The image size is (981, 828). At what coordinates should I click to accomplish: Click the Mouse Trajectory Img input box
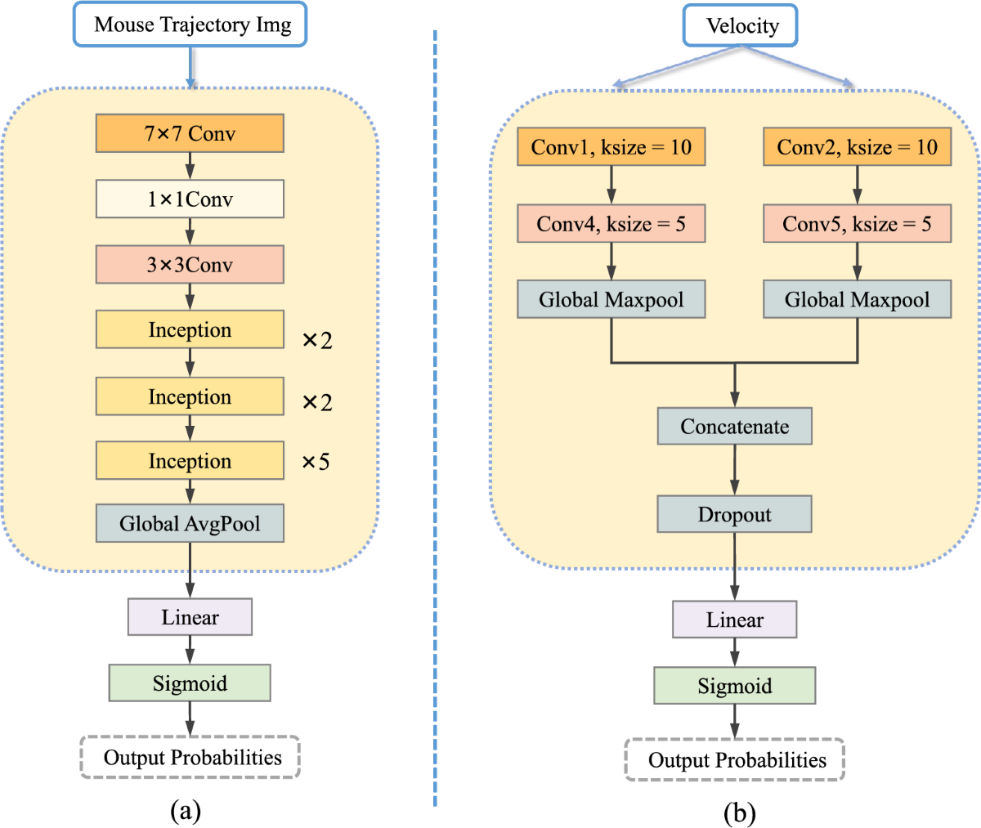point(190,25)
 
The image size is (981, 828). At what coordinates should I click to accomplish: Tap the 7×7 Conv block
point(190,134)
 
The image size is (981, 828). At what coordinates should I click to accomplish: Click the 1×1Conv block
point(190,199)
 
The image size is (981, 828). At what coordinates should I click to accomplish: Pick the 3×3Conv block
point(190,265)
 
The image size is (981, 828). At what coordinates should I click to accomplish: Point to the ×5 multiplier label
point(316,463)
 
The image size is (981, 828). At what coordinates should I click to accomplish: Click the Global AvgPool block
point(190,524)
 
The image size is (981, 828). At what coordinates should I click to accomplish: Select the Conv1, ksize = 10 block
point(611,147)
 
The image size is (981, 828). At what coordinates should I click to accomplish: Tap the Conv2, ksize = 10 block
point(857,147)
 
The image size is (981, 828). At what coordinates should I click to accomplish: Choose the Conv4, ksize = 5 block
point(611,224)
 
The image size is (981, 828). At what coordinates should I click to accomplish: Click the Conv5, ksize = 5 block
point(857,224)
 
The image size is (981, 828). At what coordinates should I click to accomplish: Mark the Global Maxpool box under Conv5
point(857,300)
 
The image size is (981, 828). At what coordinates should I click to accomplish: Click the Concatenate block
point(734,427)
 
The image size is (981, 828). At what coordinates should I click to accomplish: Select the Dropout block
point(734,515)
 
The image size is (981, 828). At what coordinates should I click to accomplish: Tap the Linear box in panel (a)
point(190,617)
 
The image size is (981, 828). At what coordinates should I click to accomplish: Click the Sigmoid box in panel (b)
point(734,686)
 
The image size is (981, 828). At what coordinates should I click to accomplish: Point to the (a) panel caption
point(185,810)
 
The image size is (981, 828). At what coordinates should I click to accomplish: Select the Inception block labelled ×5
point(190,461)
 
